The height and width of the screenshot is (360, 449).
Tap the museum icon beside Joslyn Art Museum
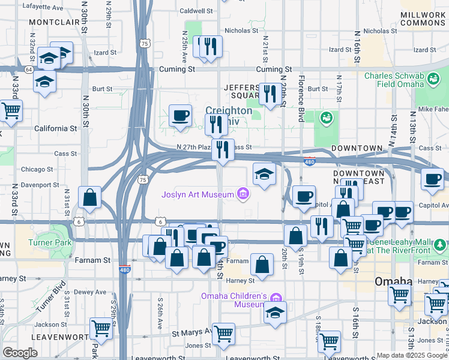pyautogui.click(x=243, y=193)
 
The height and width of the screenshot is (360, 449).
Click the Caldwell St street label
pyautogui.click(x=196, y=11)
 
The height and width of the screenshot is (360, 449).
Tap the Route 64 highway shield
pyautogui.click(x=28, y=70)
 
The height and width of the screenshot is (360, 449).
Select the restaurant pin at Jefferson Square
pyautogui.click(x=269, y=94)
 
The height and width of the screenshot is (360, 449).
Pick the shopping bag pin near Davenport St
pyautogui.click(x=89, y=197)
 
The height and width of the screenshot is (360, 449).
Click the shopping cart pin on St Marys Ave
pyautogui.click(x=223, y=333)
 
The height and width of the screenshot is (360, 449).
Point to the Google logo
pyautogui.click(x=20, y=353)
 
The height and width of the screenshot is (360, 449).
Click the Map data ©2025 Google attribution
pyautogui.click(x=411, y=355)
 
